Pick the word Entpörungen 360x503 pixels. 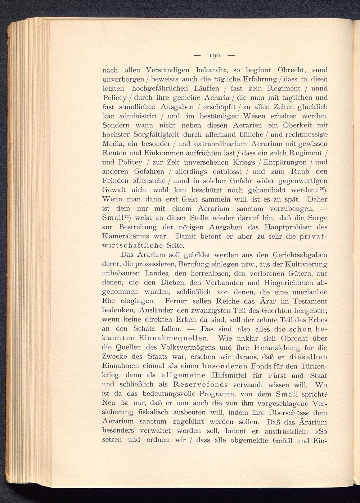click(x=287, y=162)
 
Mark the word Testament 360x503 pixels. click(x=310, y=301)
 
